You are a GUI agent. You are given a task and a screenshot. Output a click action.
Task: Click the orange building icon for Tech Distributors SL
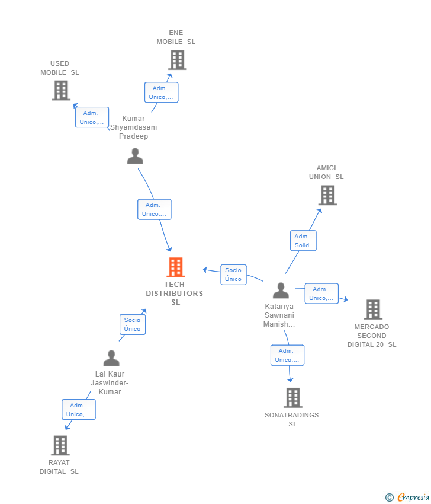tap(176, 267)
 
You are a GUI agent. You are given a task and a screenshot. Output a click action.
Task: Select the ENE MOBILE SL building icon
tap(177, 60)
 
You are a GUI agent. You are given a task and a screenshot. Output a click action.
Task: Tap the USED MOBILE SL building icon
tap(61, 91)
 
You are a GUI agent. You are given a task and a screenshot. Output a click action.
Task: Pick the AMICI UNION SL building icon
tap(327, 195)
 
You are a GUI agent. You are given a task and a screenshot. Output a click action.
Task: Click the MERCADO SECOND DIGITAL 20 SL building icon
tap(373, 310)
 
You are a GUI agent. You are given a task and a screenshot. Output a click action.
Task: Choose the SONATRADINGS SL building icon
tap(292, 398)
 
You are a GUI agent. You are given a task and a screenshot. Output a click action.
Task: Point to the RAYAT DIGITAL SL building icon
tap(60, 445)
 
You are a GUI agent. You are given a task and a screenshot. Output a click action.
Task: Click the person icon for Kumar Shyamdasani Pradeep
tap(135, 156)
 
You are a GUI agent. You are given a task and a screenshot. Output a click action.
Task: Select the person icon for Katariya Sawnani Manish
tap(281, 291)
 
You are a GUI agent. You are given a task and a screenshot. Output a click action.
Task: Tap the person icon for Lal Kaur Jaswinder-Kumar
tap(111, 358)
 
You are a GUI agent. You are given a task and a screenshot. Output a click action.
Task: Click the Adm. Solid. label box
tap(303, 241)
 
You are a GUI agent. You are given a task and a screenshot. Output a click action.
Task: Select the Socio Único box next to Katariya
tap(233, 275)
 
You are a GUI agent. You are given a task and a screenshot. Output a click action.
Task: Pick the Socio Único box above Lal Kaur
tap(133, 324)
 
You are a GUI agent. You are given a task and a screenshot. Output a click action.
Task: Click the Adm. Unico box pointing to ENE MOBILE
tap(161, 92)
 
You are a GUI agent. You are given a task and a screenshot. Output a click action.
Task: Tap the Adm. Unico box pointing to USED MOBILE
tap(92, 117)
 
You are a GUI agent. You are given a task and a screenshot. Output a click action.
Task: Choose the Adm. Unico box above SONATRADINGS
tap(287, 355)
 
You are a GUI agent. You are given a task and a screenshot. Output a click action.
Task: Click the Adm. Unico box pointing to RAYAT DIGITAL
tap(79, 410)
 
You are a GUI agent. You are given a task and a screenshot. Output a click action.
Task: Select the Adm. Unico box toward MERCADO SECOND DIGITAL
tap(321, 294)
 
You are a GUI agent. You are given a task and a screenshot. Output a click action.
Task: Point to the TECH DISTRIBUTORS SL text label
tap(175, 294)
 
